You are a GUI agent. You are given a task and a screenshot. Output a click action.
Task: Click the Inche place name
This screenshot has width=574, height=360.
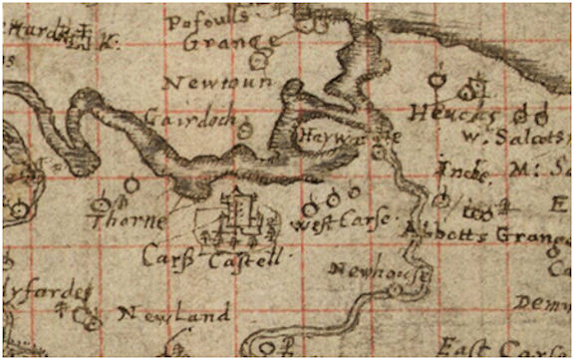[x=464, y=170]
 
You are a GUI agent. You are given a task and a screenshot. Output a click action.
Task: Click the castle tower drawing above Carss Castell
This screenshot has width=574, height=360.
[x=238, y=212]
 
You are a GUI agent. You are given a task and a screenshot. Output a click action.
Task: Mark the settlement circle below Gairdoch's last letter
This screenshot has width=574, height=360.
[x=245, y=130]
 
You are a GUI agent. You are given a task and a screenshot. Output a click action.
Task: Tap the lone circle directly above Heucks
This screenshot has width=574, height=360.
[x=434, y=78]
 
